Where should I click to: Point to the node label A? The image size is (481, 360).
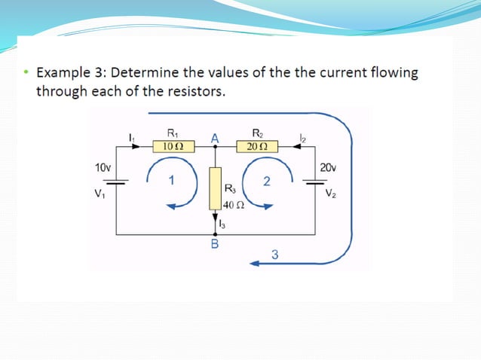click(215, 138)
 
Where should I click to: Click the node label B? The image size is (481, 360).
click(215, 245)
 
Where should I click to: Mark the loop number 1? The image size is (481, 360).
click(172, 180)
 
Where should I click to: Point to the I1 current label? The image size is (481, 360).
click(131, 136)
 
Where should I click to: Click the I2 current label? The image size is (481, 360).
click(302, 137)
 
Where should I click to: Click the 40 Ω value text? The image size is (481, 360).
click(234, 205)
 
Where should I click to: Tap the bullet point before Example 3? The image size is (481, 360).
click(26, 74)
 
